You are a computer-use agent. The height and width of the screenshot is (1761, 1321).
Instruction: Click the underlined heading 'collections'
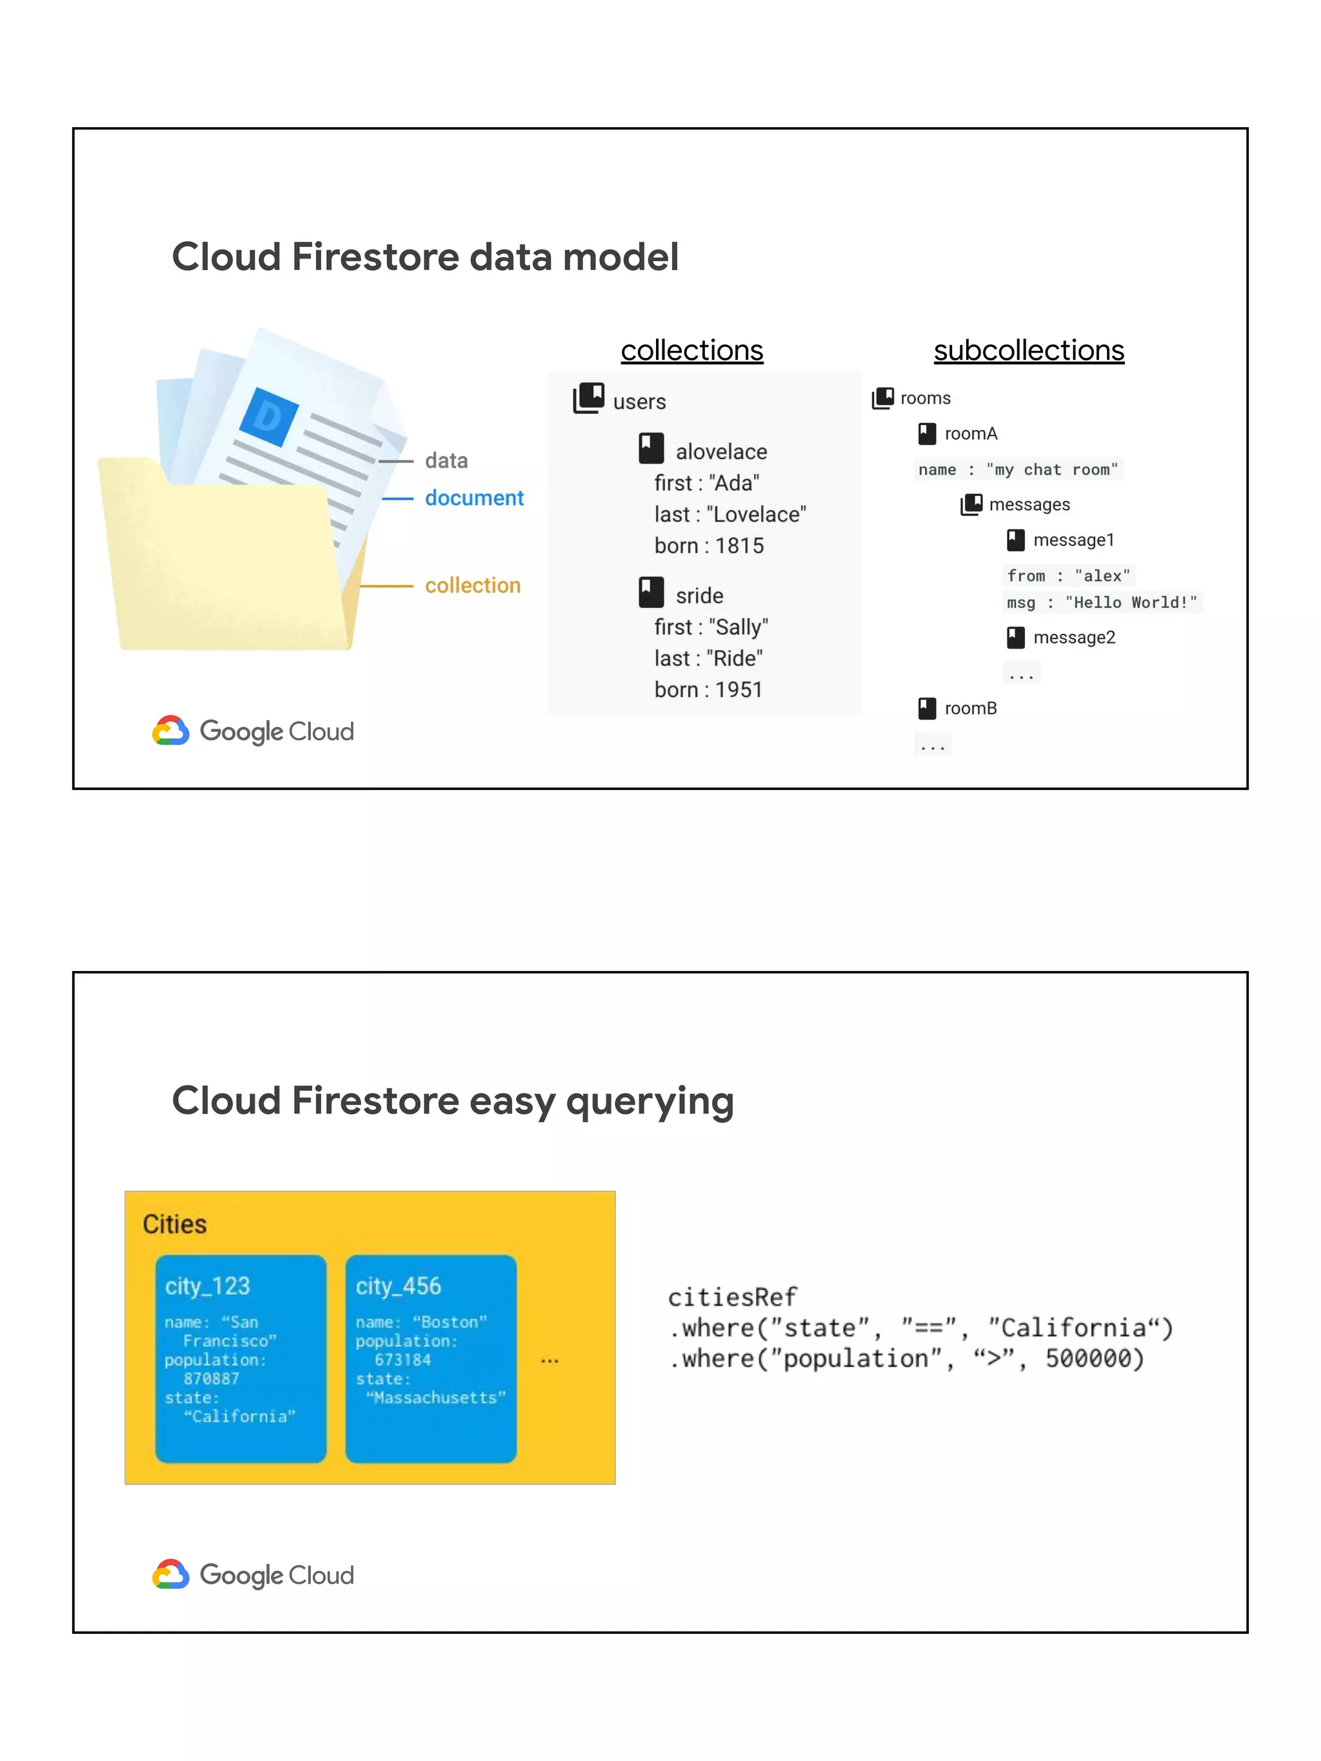click(x=691, y=350)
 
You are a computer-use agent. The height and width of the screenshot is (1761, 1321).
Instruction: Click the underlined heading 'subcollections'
click(x=1028, y=350)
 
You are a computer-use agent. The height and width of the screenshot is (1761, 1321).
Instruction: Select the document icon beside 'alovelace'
click(x=651, y=448)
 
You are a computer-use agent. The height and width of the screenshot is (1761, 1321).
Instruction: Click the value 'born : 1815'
click(x=709, y=546)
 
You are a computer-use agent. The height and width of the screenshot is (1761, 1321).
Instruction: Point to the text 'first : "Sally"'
click(x=711, y=627)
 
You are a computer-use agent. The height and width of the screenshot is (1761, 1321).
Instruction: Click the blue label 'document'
click(x=474, y=498)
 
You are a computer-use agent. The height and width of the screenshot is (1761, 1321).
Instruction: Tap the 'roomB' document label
click(x=970, y=708)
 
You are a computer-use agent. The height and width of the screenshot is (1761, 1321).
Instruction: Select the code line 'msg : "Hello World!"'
click(x=1101, y=603)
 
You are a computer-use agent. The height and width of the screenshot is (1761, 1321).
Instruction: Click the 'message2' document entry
click(x=1073, y=637)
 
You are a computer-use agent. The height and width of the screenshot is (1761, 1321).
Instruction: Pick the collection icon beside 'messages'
click(x=971, y=504)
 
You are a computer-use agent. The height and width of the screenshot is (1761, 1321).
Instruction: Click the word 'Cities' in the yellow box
click(x=174, y=1224)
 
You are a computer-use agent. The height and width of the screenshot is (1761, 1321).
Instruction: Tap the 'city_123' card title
click(x=207, y=1286)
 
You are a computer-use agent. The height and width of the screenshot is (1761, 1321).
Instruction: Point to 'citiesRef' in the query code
click(x=731, y=1297)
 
